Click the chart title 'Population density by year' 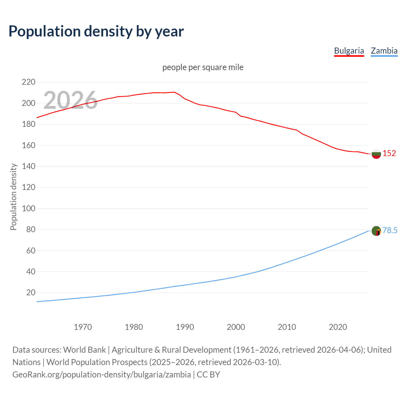(x=96, y=31)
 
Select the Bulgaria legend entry (x=349, y=51)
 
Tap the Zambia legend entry (x=384, y=51)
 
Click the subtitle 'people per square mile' (x=203, y=68)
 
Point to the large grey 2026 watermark (x=70, y=100)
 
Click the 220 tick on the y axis (x=29, y=82)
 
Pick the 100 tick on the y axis (x=29, y=209)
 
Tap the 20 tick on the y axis (x=31, y=292)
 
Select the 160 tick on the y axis (x=29, y=146)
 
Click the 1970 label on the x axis (x=83, y=327)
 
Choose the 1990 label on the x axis (x=185, y=327)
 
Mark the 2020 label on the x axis (x=338, y=327)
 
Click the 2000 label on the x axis (x=236, y=327)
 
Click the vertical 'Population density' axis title (x=13, y=197)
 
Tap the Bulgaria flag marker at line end (x=376, y=154)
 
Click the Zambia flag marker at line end (x=376, y=231)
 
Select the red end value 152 (x=389, y=154)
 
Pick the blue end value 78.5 (x=390, y=231)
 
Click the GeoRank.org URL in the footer (x=101, y=375)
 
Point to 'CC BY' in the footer (x=208, y=375)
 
